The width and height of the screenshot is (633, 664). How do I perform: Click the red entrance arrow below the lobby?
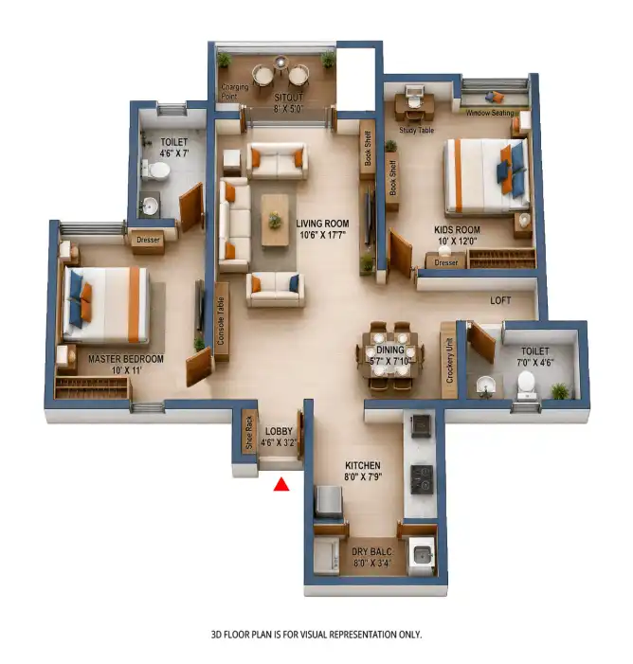[x=281, y=484]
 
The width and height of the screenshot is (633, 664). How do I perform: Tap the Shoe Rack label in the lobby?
[x=249, y=432]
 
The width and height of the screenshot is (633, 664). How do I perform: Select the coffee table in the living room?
[x=275, y=220]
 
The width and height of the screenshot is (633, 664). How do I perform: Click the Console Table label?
[x=221, y=320]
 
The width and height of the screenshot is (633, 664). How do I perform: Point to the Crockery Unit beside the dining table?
[x=449, y=360]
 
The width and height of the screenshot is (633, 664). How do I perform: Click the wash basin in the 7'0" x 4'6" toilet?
[x=485, y=385]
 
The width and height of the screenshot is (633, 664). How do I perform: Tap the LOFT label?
[x=500, y=300]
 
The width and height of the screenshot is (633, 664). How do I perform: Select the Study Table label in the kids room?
[x=417, y=130]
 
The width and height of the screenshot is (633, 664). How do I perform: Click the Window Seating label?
[x=490, y=113]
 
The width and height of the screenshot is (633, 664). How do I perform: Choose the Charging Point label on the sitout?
[x=235, y=92]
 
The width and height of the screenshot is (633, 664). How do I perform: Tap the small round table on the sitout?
[x=280, y=63]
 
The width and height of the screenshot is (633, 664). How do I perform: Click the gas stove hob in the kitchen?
[x=422, y=479]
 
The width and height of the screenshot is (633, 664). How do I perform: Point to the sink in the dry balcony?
[x=422, y=554]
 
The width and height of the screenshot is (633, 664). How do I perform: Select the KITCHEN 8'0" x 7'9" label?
[x=363, y=471]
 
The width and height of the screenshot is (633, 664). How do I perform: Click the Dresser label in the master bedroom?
[x=148, y=240]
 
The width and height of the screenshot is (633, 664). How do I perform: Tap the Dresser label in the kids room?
[x=446, y=262]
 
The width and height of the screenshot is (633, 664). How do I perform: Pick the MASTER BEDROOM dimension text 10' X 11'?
[x=126, y=370]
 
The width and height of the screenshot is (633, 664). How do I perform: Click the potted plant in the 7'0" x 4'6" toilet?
[x=560, y=390]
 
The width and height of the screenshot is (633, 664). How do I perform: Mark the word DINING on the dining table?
[x=390, y=350]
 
